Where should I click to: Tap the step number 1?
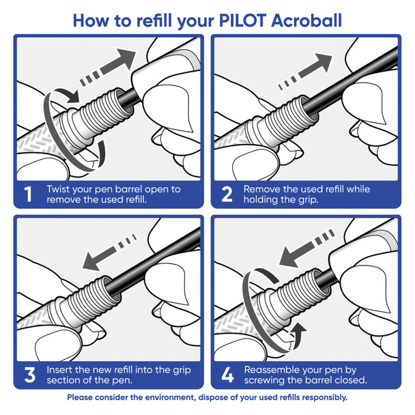click(28, 194)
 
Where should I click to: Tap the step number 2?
click(227, 194)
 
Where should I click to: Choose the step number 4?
click(227, 374)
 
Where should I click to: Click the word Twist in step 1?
click(59, 188)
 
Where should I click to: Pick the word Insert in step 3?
click(61, 369)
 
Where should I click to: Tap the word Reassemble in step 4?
click(274, 369)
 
